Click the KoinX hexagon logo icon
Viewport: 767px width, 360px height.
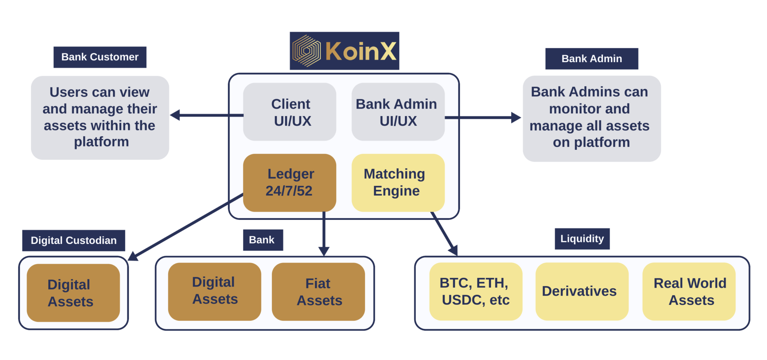coord(306,51)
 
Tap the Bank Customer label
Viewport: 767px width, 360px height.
coord(100,57)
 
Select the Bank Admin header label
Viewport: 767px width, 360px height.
coord(591,59)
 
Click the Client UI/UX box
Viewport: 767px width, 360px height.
coord(289,112)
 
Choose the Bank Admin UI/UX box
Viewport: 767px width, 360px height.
coord(398,112)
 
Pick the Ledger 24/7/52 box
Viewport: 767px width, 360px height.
coord(289,182)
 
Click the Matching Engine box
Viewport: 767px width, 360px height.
coord(398,182)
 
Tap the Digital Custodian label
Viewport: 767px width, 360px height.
coord(73,240)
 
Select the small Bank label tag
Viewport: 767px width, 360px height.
coord(261,240)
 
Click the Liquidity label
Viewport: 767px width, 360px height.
coord(582,239)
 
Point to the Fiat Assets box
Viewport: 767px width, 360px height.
coord(318,291)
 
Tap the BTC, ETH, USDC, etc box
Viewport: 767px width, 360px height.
coord(476,291)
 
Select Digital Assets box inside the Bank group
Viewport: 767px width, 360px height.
coord(215,291)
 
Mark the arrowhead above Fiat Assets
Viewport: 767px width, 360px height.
coord(324,251)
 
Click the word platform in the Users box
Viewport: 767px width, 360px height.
coord(101,142)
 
